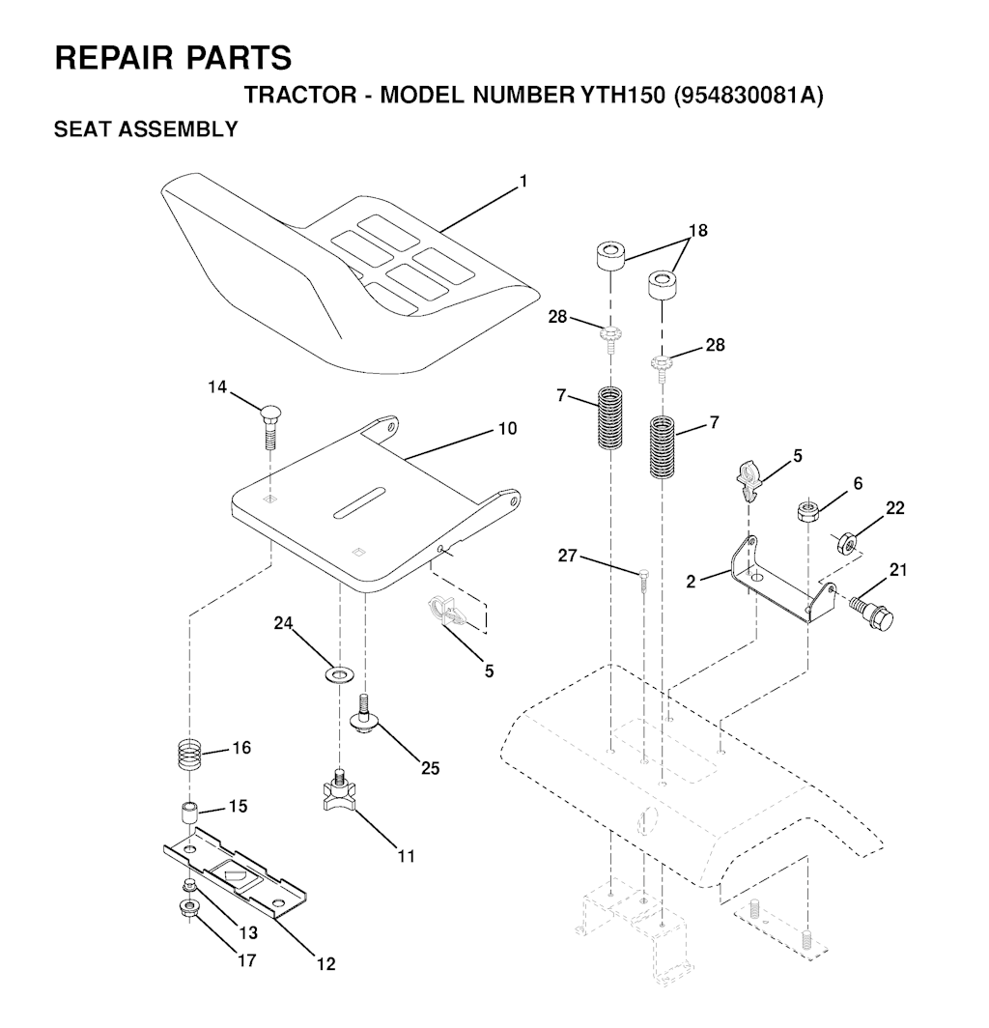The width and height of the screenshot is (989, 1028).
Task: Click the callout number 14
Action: coord(217,387)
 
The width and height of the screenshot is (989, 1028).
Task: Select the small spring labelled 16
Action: coord(189,756)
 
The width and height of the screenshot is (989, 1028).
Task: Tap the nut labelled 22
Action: coord(847,543)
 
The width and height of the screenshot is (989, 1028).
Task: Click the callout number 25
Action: coord(430,768)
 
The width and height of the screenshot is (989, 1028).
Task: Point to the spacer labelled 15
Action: coord(189,814)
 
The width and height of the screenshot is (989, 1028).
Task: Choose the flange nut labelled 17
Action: coord(189,908)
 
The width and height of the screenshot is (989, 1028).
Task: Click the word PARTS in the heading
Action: coord(240,57)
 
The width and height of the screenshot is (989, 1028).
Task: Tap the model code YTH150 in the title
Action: coord(622,95)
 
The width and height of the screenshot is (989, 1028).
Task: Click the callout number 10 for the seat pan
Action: coord(508,429)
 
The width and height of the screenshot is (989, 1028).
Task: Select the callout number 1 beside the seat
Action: coord(523,182)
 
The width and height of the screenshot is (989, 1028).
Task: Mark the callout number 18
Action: coord(698,231)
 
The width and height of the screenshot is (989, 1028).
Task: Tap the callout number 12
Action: coord(325,964)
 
